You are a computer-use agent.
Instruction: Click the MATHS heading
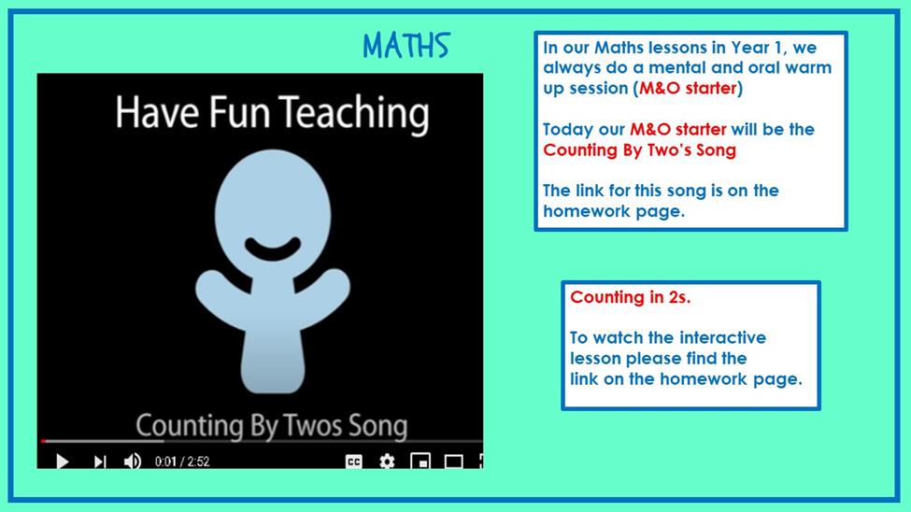406,46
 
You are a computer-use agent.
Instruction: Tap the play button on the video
63,462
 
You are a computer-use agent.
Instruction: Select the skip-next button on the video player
100,462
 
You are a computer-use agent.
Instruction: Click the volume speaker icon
133,462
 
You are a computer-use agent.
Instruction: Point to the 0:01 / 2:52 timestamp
182,462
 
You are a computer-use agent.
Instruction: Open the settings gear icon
387,462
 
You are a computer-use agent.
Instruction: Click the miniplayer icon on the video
420,462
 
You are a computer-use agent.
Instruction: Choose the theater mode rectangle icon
453,462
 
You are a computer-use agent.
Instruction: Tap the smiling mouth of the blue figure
273,249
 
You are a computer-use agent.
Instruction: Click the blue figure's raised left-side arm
221,293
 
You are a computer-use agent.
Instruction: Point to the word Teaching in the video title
354,113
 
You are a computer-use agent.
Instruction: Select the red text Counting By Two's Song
640,149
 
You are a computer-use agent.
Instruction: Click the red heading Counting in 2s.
631,297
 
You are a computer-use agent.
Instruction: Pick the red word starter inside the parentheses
711,88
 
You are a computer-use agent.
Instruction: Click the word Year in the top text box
750,47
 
